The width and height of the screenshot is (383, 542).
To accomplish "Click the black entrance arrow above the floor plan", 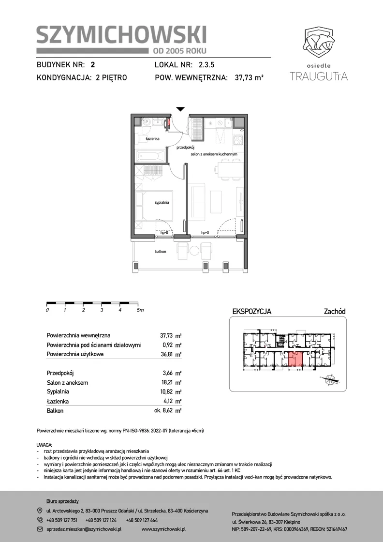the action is pos(180,109).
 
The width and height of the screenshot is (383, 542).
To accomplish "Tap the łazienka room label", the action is pos(152,138).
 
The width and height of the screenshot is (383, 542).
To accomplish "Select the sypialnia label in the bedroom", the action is pos(162,203).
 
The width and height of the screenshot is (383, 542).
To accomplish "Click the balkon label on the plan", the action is pos(160,252).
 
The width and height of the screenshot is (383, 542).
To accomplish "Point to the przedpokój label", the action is pos(183,148).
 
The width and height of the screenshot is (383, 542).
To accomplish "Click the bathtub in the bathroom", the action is pos(150,156).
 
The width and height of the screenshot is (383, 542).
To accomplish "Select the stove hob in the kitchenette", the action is pos(238,140).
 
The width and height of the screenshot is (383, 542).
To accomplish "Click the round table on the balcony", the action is pos(194,250).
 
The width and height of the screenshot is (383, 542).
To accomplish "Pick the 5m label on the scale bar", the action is pos(140,310).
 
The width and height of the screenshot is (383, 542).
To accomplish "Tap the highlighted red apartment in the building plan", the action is pos(295,359).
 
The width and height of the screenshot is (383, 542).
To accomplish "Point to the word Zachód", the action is pos(335,312).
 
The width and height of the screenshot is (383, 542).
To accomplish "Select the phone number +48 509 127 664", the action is pos(142,520).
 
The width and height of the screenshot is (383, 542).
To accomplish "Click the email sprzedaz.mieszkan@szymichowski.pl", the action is pos(84,529).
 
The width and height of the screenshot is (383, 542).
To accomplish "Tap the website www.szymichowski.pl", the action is pos(164,529).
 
